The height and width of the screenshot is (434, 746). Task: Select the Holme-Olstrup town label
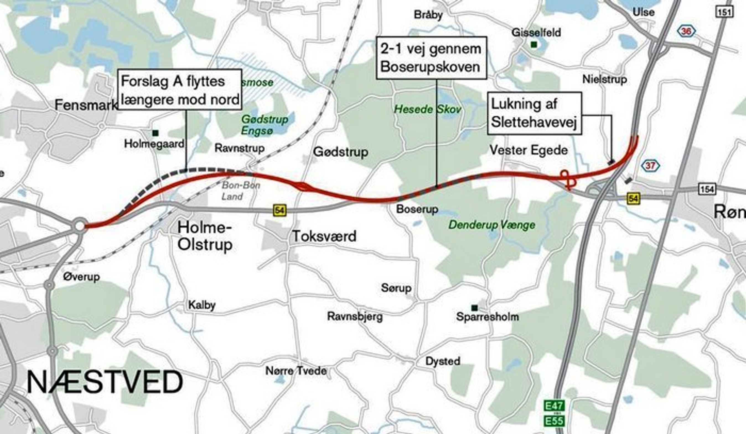tap(205, 236)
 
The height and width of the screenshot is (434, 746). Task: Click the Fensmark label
tap(86, 105)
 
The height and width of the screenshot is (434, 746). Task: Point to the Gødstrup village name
tap(340, 152)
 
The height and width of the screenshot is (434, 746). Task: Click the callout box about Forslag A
tap(180, 90)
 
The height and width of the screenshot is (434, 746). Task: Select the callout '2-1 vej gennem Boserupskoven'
tap(431, 58)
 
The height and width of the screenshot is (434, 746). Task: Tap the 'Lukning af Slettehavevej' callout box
tap(534, 114)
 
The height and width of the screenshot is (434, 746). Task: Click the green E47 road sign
tap(554, 406)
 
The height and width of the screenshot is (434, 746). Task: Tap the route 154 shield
tap(707, 189)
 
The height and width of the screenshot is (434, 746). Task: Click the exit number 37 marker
tap(650, 165)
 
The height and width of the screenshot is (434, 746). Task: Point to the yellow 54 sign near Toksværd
tap(279, 211)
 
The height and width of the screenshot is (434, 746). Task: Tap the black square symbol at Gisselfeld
tap(534, 45)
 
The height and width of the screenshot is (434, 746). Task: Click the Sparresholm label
tap(488, 317)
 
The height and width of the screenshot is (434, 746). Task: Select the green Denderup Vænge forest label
tap(492, 225)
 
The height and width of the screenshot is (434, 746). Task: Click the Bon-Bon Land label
tap(241, 191)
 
